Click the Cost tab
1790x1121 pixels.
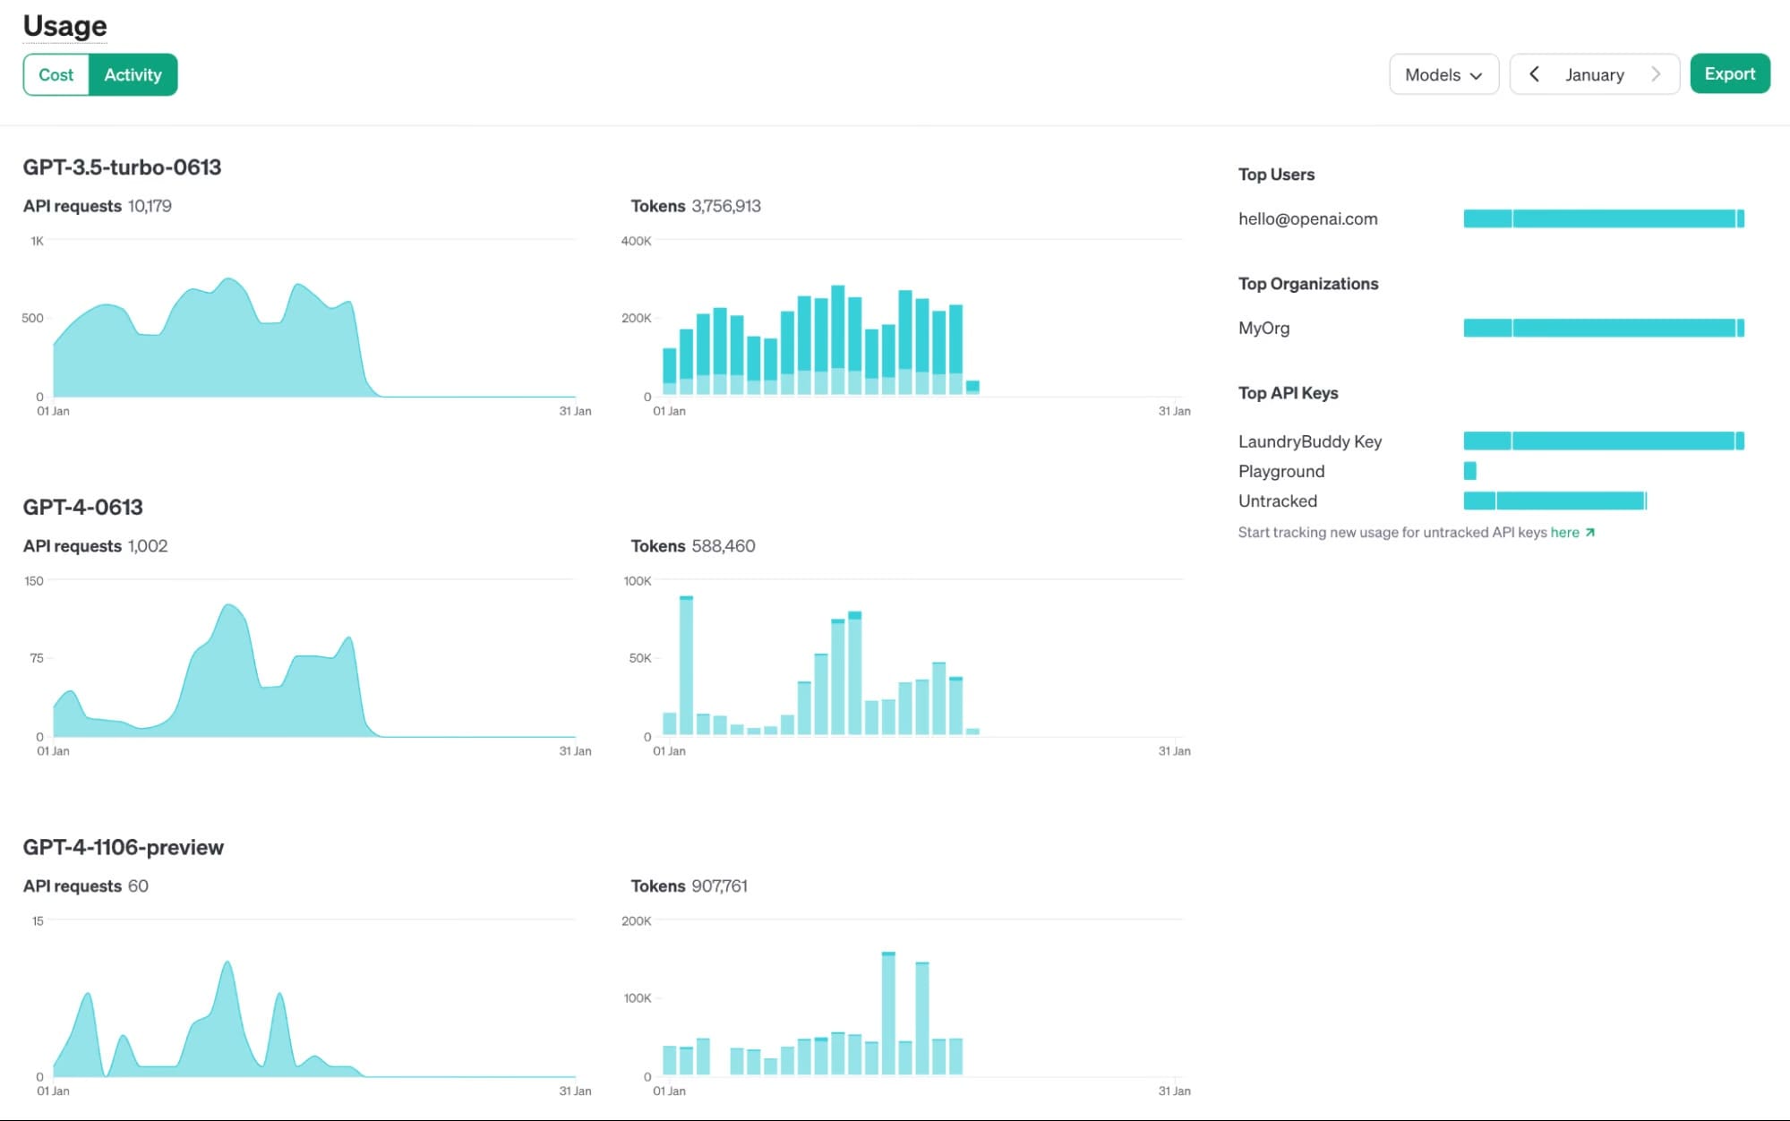56,75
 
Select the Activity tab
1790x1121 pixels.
133,75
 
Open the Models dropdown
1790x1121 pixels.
1443,75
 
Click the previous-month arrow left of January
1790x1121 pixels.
1534,74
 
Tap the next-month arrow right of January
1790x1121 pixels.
1655,74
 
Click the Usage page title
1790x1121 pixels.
64,26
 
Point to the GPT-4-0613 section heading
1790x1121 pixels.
82,508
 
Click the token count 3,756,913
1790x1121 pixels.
725,206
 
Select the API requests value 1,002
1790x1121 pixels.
147,546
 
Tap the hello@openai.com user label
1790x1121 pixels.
1307,219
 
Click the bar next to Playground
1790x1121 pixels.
1469,471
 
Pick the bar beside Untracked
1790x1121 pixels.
1554,501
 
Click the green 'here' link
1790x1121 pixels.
1564,533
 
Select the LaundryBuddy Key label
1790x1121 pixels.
1309,441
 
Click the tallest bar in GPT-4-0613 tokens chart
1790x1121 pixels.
686,665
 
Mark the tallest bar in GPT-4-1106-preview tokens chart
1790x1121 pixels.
888,1014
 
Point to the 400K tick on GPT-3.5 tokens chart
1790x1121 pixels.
636,241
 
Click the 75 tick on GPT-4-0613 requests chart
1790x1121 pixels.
36,658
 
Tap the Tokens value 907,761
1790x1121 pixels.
719,886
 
